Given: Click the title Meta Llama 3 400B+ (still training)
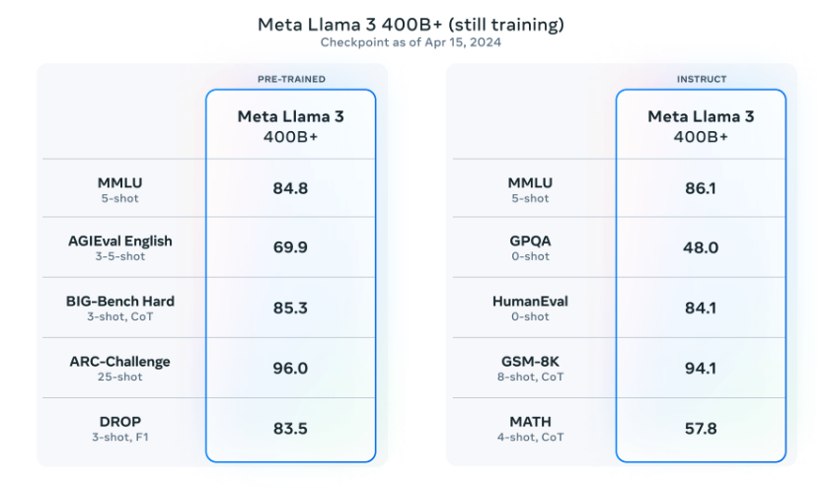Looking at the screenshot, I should pos(412,24).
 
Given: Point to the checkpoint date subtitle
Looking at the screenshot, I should pos(412,42).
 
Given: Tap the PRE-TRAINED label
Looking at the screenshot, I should pos(290,79).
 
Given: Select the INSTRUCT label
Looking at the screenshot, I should pos(701,79).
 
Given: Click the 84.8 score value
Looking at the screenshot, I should pos(290,188).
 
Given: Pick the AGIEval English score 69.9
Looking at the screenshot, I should pos(290,247).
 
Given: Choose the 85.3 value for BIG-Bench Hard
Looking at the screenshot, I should pos(290,308).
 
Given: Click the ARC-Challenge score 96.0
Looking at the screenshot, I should pos(290,368).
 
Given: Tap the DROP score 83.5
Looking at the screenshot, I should pos(290,428).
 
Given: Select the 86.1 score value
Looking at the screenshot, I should pos(701,188).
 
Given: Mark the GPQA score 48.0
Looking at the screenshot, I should pos(701,247).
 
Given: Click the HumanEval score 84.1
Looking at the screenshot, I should pos(701,308).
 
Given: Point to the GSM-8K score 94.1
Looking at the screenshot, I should pos(701,368).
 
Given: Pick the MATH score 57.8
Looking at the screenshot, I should pos(701,428).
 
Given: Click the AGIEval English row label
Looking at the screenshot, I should pos(120,242).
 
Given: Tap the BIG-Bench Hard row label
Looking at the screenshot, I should pos(120,301).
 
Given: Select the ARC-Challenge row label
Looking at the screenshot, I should pos(120,361).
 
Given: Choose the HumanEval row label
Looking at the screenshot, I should pos(531,301).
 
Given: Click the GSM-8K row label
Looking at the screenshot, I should pos(531,361).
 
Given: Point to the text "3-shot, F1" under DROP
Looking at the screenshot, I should pos(120,437).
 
